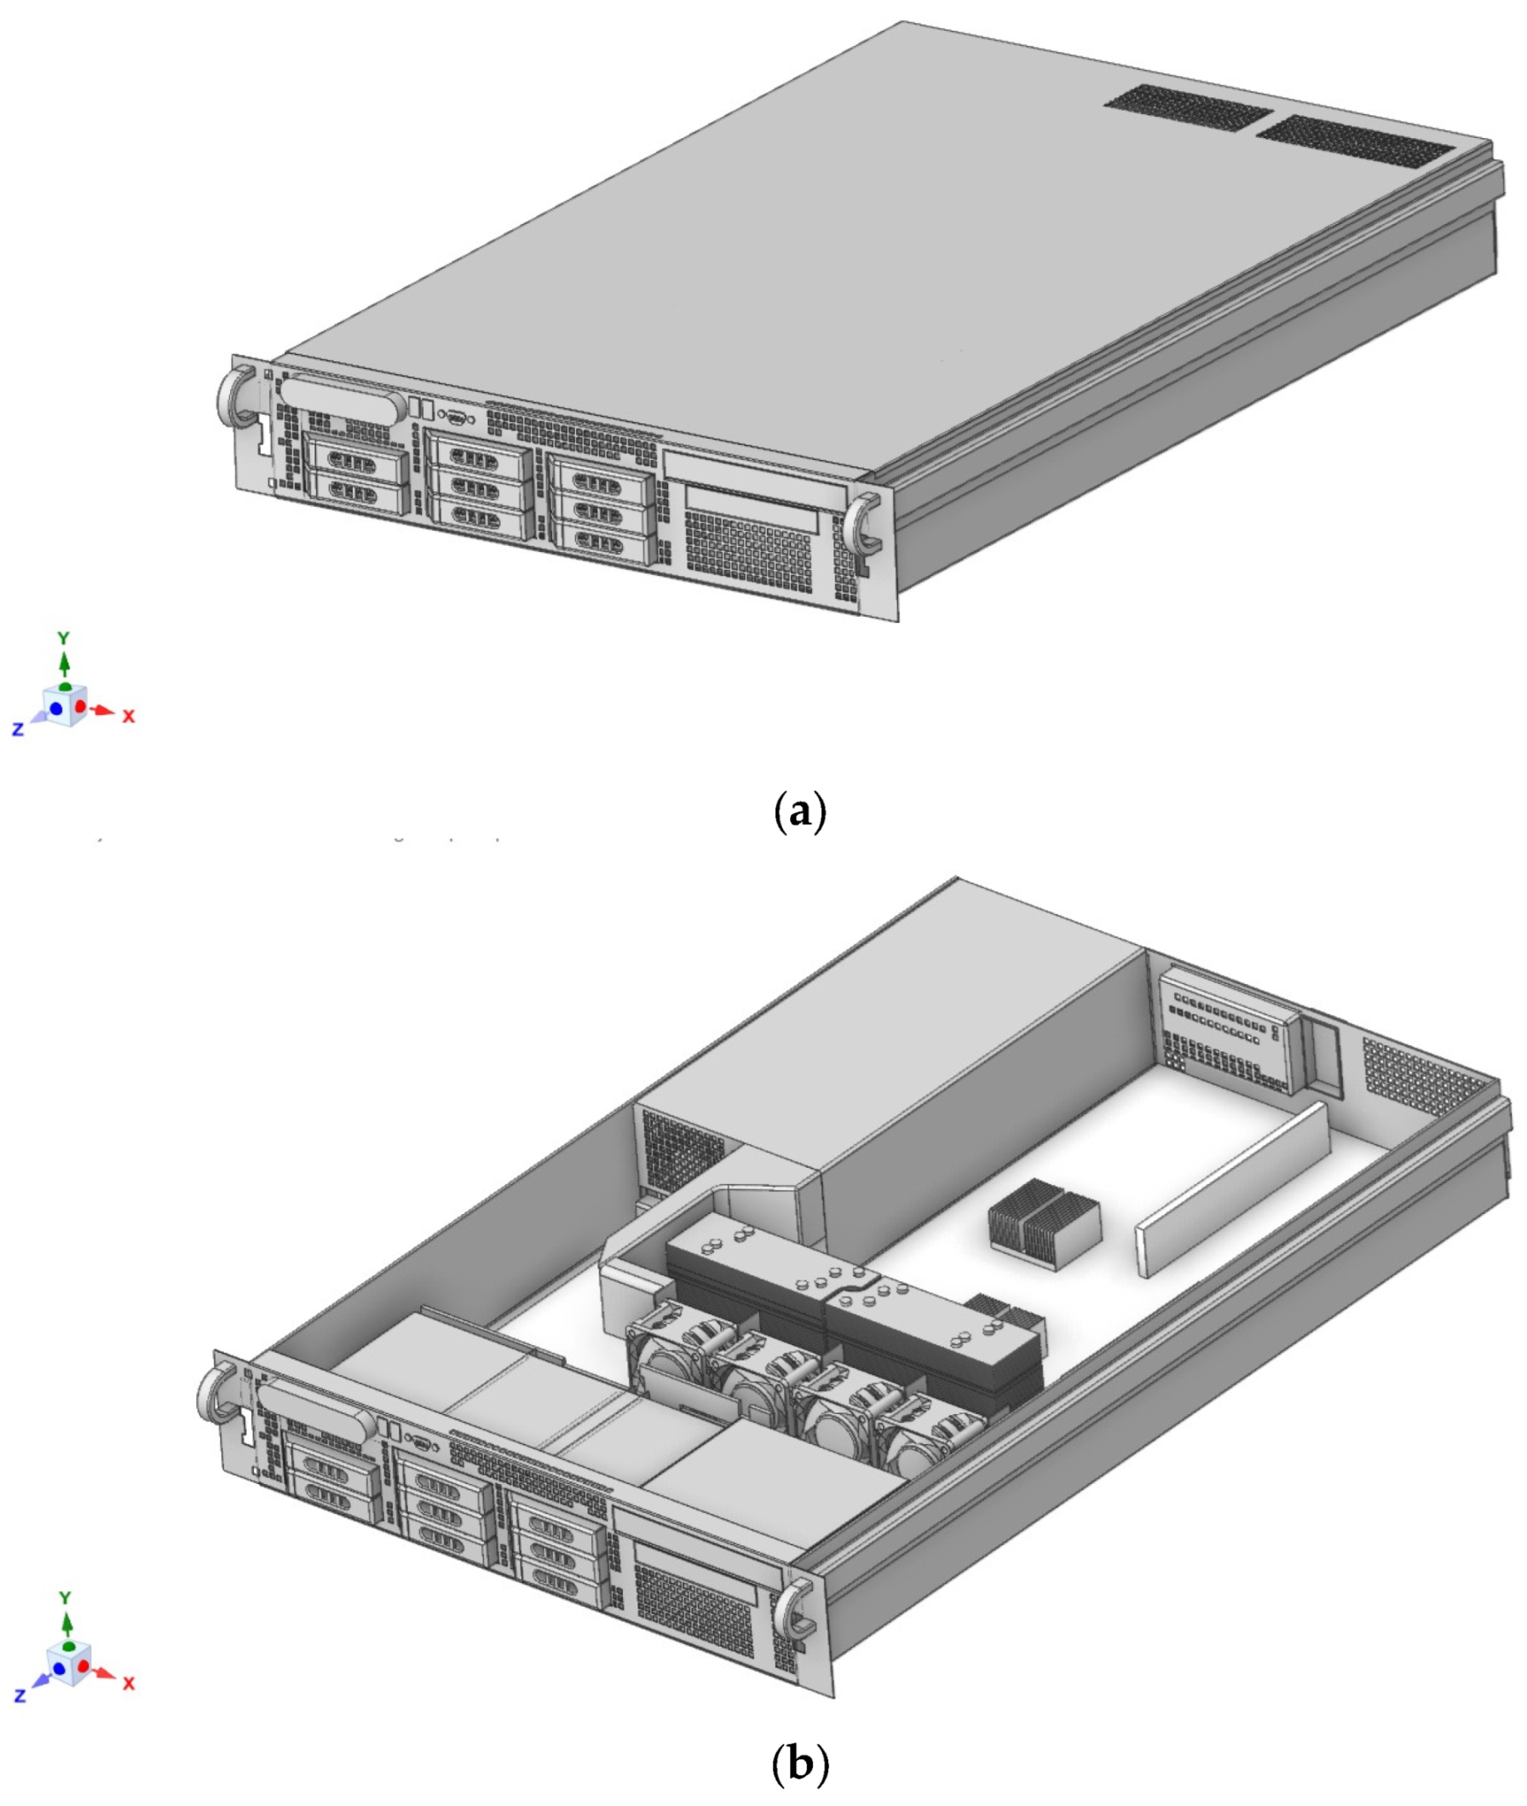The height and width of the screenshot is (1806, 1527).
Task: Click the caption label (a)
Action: [x=798, y=813]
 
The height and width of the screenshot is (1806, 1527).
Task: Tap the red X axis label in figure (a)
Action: [x=128, y=716]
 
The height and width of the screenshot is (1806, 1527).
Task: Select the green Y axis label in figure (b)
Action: [x=65, y=1597]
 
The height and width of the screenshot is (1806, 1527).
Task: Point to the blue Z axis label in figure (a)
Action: [x=17, y=729]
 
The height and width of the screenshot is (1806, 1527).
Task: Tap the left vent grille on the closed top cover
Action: [x=1188, y=109]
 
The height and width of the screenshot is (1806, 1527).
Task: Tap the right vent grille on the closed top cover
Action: [x=1356, y=143]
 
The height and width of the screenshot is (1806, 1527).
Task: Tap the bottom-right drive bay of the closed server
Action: [x=599, y=543]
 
